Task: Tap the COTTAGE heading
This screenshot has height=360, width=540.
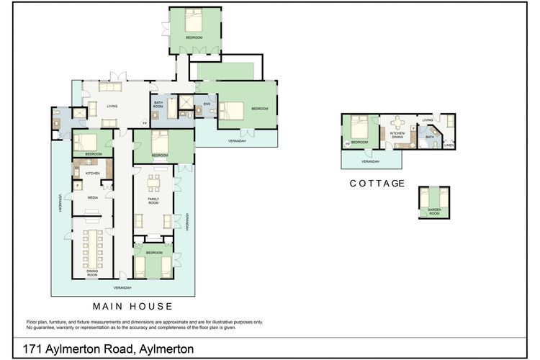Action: pos(377,184)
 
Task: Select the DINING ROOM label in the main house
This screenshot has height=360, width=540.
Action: pos(92,273)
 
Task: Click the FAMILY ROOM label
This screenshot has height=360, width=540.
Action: pos(153,199)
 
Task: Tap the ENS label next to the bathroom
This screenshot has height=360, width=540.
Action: pos(207,104)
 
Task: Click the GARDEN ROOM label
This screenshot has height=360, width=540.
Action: pos(434,211)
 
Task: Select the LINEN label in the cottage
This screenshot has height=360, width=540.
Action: pos(449,145)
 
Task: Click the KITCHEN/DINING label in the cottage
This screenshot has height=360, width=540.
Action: pos(397,135)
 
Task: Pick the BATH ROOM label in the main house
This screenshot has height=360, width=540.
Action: pos(158,105)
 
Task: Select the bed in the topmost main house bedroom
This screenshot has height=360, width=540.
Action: pos(194,19)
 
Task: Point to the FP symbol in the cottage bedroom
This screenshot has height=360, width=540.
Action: pos(347,144)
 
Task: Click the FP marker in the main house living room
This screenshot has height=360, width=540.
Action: pos(145,123)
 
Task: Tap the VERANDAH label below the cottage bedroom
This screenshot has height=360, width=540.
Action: pos(370,161)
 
